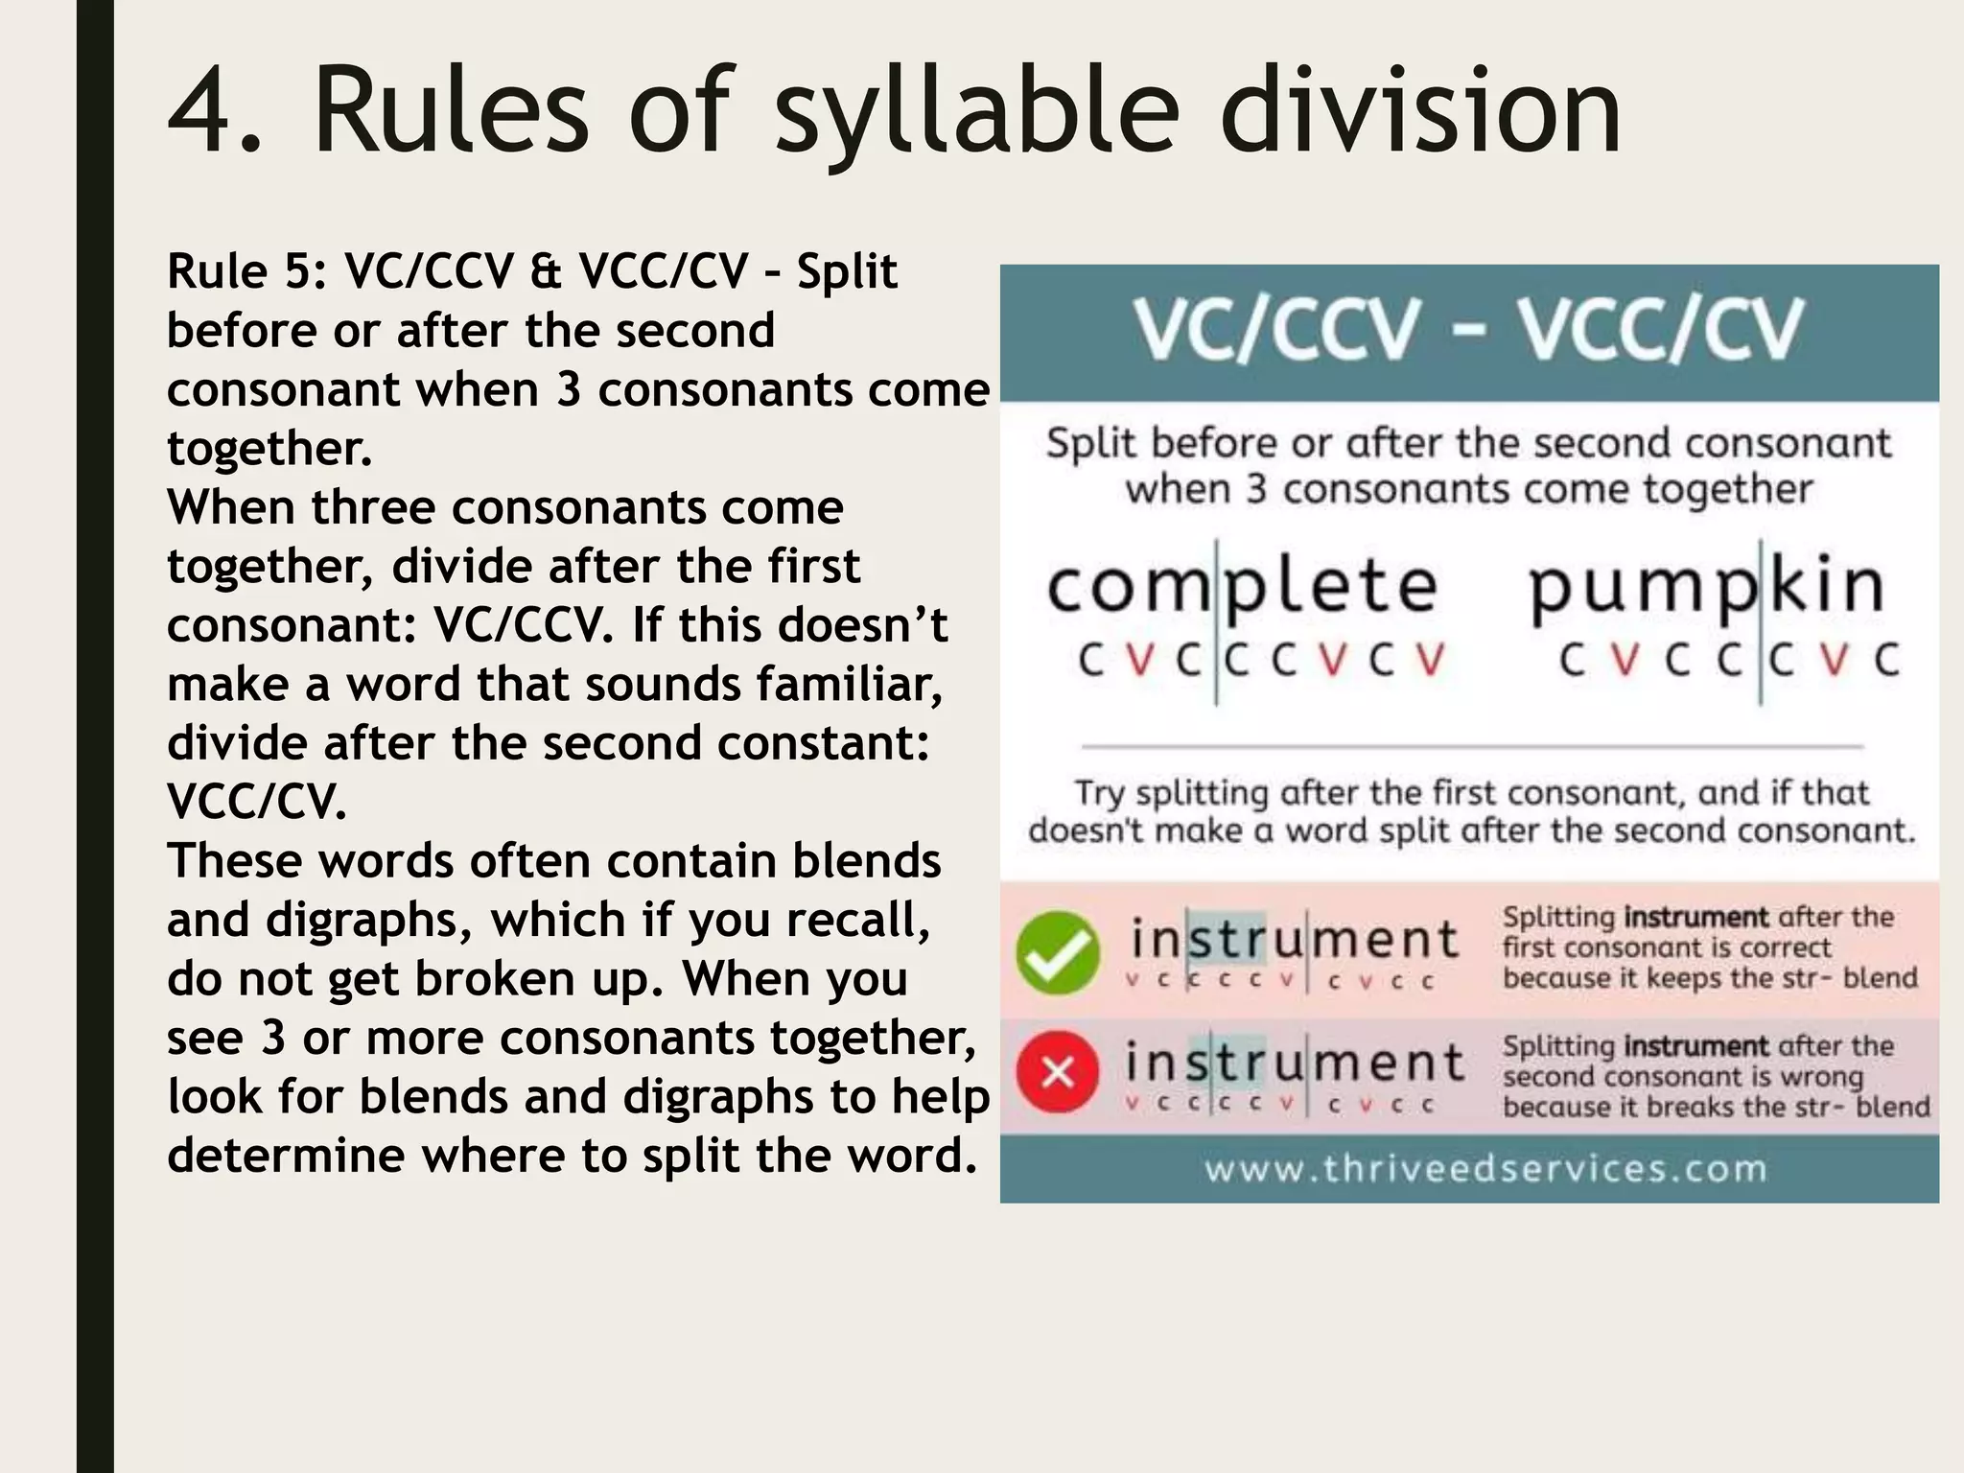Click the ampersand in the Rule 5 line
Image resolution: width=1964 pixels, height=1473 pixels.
pyautogui.click(x=546, y=271)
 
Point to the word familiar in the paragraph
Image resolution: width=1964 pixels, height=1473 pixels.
pyautogui.click(x=849, y=685)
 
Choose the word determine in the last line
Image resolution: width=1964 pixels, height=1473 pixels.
pyautogui.click(x=286, y=1156)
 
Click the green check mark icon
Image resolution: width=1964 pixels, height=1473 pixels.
pyautogui.click(x=1058, y=951)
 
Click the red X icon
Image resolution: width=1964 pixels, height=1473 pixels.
pyautogui.click(x=1058, y=1072)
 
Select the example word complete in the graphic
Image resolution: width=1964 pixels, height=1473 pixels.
pyautogui.click(x=1242, y=587)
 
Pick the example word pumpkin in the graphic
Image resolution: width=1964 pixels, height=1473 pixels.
pyautogui.click(x=1707, y=587)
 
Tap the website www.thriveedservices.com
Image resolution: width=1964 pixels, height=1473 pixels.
pyautogui.click(x=1485, y=1169)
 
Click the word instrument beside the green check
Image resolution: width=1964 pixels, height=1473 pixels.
pyautogui.click(x=1294, y=940)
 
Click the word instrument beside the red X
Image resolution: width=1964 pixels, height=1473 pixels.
pyautogui.click(x=1294, y=1063)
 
